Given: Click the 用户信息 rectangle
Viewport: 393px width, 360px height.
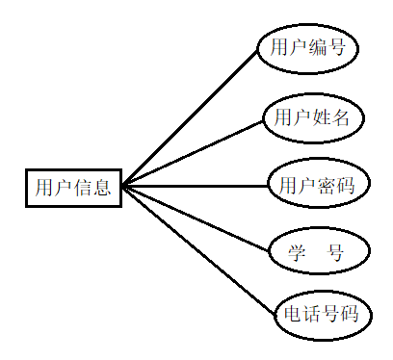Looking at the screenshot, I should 73,187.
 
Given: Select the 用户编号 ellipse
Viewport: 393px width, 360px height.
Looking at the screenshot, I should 308,47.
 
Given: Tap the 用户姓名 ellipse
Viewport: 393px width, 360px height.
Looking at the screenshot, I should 312,117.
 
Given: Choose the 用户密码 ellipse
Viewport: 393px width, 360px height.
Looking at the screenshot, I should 316,185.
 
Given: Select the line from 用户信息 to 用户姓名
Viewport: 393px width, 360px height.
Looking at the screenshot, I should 193,151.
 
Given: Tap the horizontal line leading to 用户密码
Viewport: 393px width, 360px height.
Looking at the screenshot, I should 193,186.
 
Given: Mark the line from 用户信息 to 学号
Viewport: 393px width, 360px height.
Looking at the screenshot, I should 193,219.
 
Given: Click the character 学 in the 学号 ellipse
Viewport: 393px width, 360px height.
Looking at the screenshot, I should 297,253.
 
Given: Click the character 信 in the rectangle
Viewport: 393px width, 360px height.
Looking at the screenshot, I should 83,187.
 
